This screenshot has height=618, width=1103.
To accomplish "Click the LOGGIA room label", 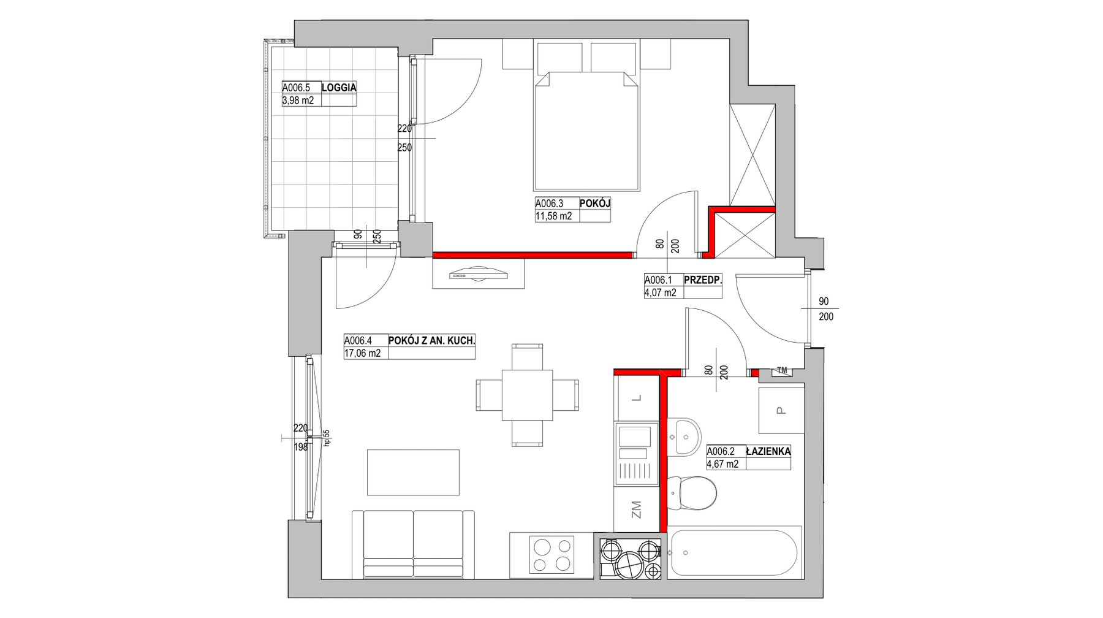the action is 339,88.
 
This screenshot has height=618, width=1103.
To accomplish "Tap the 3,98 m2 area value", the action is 298,100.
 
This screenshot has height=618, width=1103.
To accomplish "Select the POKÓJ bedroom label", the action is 595,204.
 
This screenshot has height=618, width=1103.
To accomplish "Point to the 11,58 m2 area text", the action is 553,216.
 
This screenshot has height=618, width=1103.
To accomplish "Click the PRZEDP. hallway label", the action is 703,280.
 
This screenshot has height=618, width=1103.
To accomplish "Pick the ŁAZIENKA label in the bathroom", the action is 768,451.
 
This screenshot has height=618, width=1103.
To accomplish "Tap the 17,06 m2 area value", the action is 362,353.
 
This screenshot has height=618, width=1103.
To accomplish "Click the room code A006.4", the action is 358,341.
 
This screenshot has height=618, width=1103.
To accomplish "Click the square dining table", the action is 527,395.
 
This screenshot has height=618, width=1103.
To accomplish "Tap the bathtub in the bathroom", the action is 734,552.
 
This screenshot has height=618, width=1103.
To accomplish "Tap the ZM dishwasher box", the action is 636,509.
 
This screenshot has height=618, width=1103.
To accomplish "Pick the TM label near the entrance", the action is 781,370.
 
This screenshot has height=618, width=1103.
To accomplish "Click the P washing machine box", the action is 781,410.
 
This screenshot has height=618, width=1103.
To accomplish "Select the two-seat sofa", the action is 413,544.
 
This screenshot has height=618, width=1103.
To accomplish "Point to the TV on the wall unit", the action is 479,274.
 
